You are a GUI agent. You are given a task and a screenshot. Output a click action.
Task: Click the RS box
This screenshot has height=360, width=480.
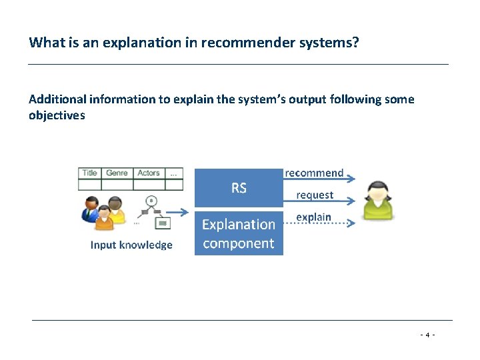239,187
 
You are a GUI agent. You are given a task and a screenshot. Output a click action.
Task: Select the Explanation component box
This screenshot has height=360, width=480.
239,233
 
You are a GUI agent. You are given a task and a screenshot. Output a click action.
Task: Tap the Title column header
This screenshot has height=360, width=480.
89,173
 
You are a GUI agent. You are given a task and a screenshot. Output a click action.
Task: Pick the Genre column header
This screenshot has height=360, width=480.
117,173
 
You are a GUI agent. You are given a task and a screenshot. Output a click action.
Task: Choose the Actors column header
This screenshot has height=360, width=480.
148,173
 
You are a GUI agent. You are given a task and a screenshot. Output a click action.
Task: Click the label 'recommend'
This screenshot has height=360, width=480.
314,173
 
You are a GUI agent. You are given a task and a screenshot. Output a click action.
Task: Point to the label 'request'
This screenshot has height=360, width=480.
315,195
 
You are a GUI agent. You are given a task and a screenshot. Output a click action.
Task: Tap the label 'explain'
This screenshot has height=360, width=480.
313,217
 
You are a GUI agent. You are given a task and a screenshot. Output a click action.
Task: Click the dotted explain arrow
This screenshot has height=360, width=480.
320,224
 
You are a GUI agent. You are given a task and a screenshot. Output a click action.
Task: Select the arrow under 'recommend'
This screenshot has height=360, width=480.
320,179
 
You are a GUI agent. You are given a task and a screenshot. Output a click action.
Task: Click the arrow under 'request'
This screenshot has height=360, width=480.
320,202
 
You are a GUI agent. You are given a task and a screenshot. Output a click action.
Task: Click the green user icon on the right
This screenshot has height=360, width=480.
378,200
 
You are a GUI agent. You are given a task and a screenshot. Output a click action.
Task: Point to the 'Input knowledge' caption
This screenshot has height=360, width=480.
131,245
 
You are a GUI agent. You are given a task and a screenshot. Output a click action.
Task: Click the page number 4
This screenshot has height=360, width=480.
428,335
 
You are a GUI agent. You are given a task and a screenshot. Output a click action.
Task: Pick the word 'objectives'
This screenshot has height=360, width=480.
57,115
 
